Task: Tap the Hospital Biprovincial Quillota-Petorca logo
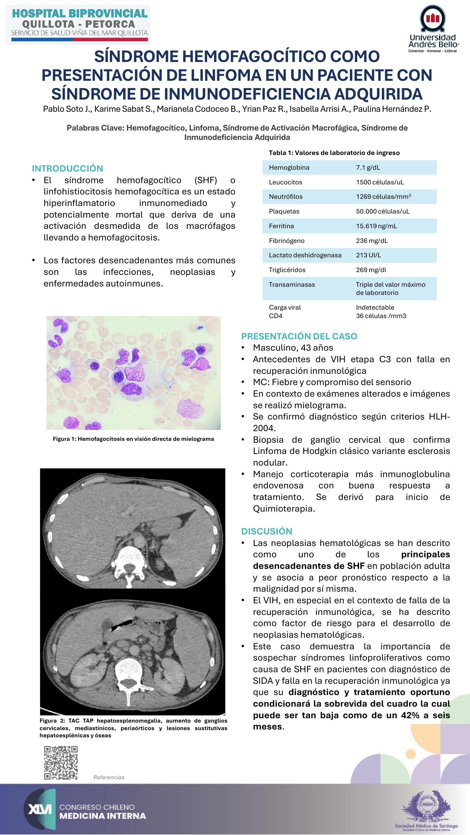coord(78,25)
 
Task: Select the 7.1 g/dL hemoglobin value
coord(368,168)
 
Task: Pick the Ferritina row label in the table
coord(281,226)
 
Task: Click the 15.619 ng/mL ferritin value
coord(376,226)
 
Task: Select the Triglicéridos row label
coord(287,270)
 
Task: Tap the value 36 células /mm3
coord(381,316)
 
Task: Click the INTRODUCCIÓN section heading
coord(67,168)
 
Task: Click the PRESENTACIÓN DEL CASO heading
coord(299,336)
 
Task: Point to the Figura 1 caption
coord(133,439)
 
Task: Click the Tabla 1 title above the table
coord(334,153)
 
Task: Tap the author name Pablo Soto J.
coord(67,109)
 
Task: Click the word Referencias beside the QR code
coord(109,777)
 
